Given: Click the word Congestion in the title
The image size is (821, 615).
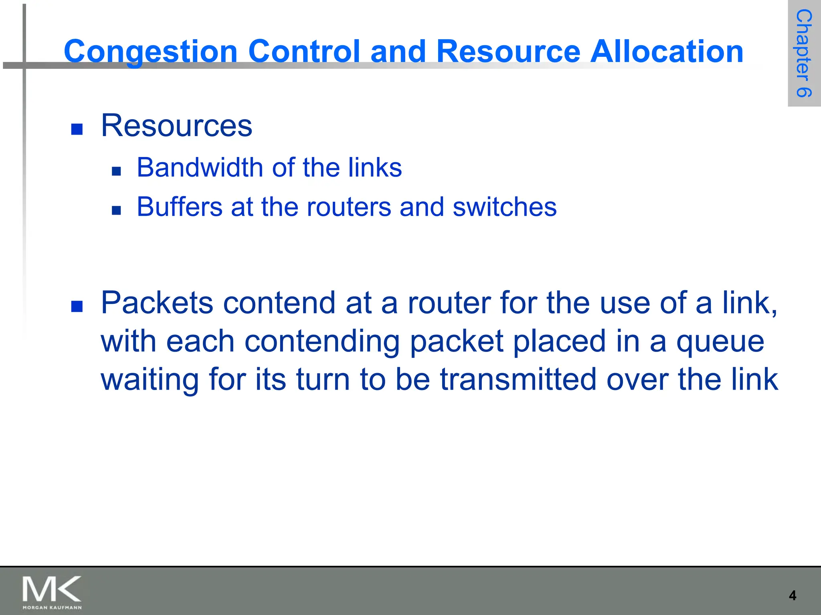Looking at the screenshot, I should (151, 52).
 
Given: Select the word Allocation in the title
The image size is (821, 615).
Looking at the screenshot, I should (667, 52).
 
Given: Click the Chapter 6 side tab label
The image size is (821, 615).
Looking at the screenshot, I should (803, 53).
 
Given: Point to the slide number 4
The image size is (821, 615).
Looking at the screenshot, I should (792, 596).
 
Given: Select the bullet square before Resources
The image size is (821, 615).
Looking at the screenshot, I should (77, 129).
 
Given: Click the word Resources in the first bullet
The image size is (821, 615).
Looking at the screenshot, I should (176, 126).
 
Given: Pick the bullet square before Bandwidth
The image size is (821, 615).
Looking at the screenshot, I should (116, 171).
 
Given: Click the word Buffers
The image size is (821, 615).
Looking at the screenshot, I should (179, 207).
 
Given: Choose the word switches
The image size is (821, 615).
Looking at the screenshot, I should (505, 207).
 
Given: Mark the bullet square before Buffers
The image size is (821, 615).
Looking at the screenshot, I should (116, 211).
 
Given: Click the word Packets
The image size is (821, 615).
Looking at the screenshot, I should (157, 303).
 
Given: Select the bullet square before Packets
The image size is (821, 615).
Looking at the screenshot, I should (77, 307).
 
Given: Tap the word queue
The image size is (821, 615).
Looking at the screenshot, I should (720, 342).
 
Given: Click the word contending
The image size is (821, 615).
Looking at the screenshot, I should (322, 342).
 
